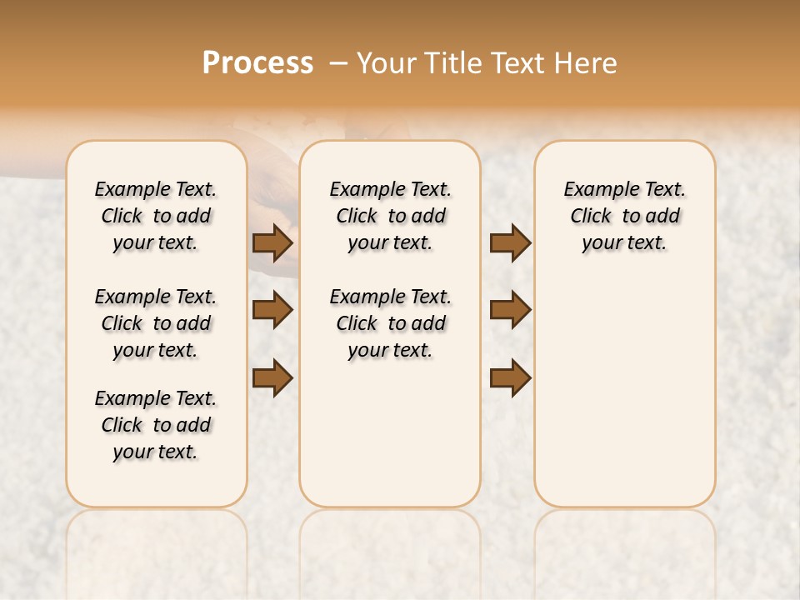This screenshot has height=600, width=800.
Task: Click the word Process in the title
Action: click(257, 63)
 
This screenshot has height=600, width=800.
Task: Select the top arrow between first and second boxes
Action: click(272, 242)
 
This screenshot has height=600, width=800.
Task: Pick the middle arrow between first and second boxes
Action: click(272, 310)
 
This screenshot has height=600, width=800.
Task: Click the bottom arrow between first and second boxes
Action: click(272, 377)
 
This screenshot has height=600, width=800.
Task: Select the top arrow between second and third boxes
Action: click(510, 242)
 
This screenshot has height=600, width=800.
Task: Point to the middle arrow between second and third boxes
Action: click(510, 310)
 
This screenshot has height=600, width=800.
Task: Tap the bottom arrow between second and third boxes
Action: click(510, 377)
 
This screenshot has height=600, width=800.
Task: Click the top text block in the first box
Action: click(156, 216)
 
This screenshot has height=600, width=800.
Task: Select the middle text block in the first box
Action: click(156, 323)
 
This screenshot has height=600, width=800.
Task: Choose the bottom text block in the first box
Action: click(156, 425)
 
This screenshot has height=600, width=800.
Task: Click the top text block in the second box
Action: click(391, 216)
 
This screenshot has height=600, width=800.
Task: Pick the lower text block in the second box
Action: click(391, 323)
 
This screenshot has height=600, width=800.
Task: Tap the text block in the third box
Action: click(625, 216)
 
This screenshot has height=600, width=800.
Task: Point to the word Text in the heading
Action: click(518, 63)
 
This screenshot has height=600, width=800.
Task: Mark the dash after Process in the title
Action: click(339, 63)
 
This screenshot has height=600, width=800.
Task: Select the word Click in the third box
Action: click(591, 217)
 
